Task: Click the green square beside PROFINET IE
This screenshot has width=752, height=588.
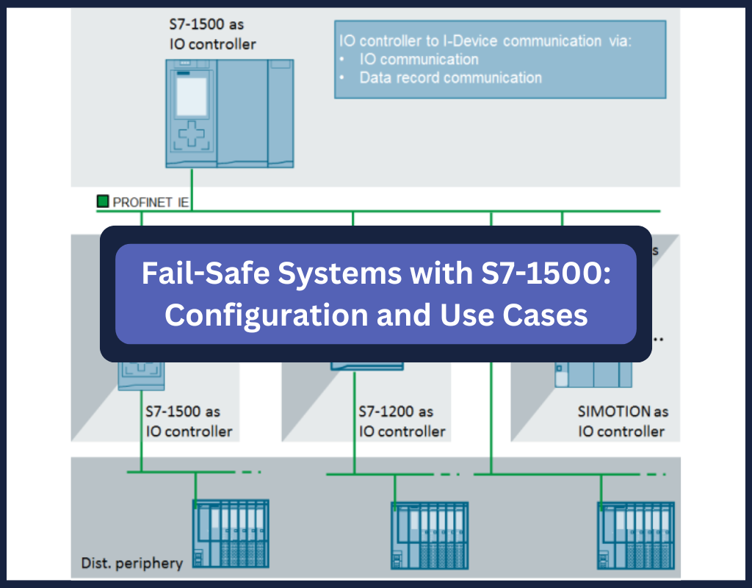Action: click(x=102, y=201)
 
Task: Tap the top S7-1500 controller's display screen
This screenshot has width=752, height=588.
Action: click(x=192, y=95)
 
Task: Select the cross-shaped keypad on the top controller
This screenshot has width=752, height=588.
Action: click(x=192, y=136)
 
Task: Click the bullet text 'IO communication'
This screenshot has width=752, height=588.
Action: click(x=419, y=60)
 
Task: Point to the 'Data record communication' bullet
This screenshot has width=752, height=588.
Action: click(x=450, y=77)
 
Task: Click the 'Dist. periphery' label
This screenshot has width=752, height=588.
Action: click(x=131, y=564)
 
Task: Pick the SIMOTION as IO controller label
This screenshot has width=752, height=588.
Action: click(x=622, y=421)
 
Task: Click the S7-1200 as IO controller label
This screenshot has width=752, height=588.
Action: click(x=401, y=421)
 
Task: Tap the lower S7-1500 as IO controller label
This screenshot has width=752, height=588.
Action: click(x=188, y=421)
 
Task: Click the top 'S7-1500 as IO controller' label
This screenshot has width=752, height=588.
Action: click(x=211, y=34)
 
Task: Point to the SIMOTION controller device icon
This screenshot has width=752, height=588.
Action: click(x=593, y=375)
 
